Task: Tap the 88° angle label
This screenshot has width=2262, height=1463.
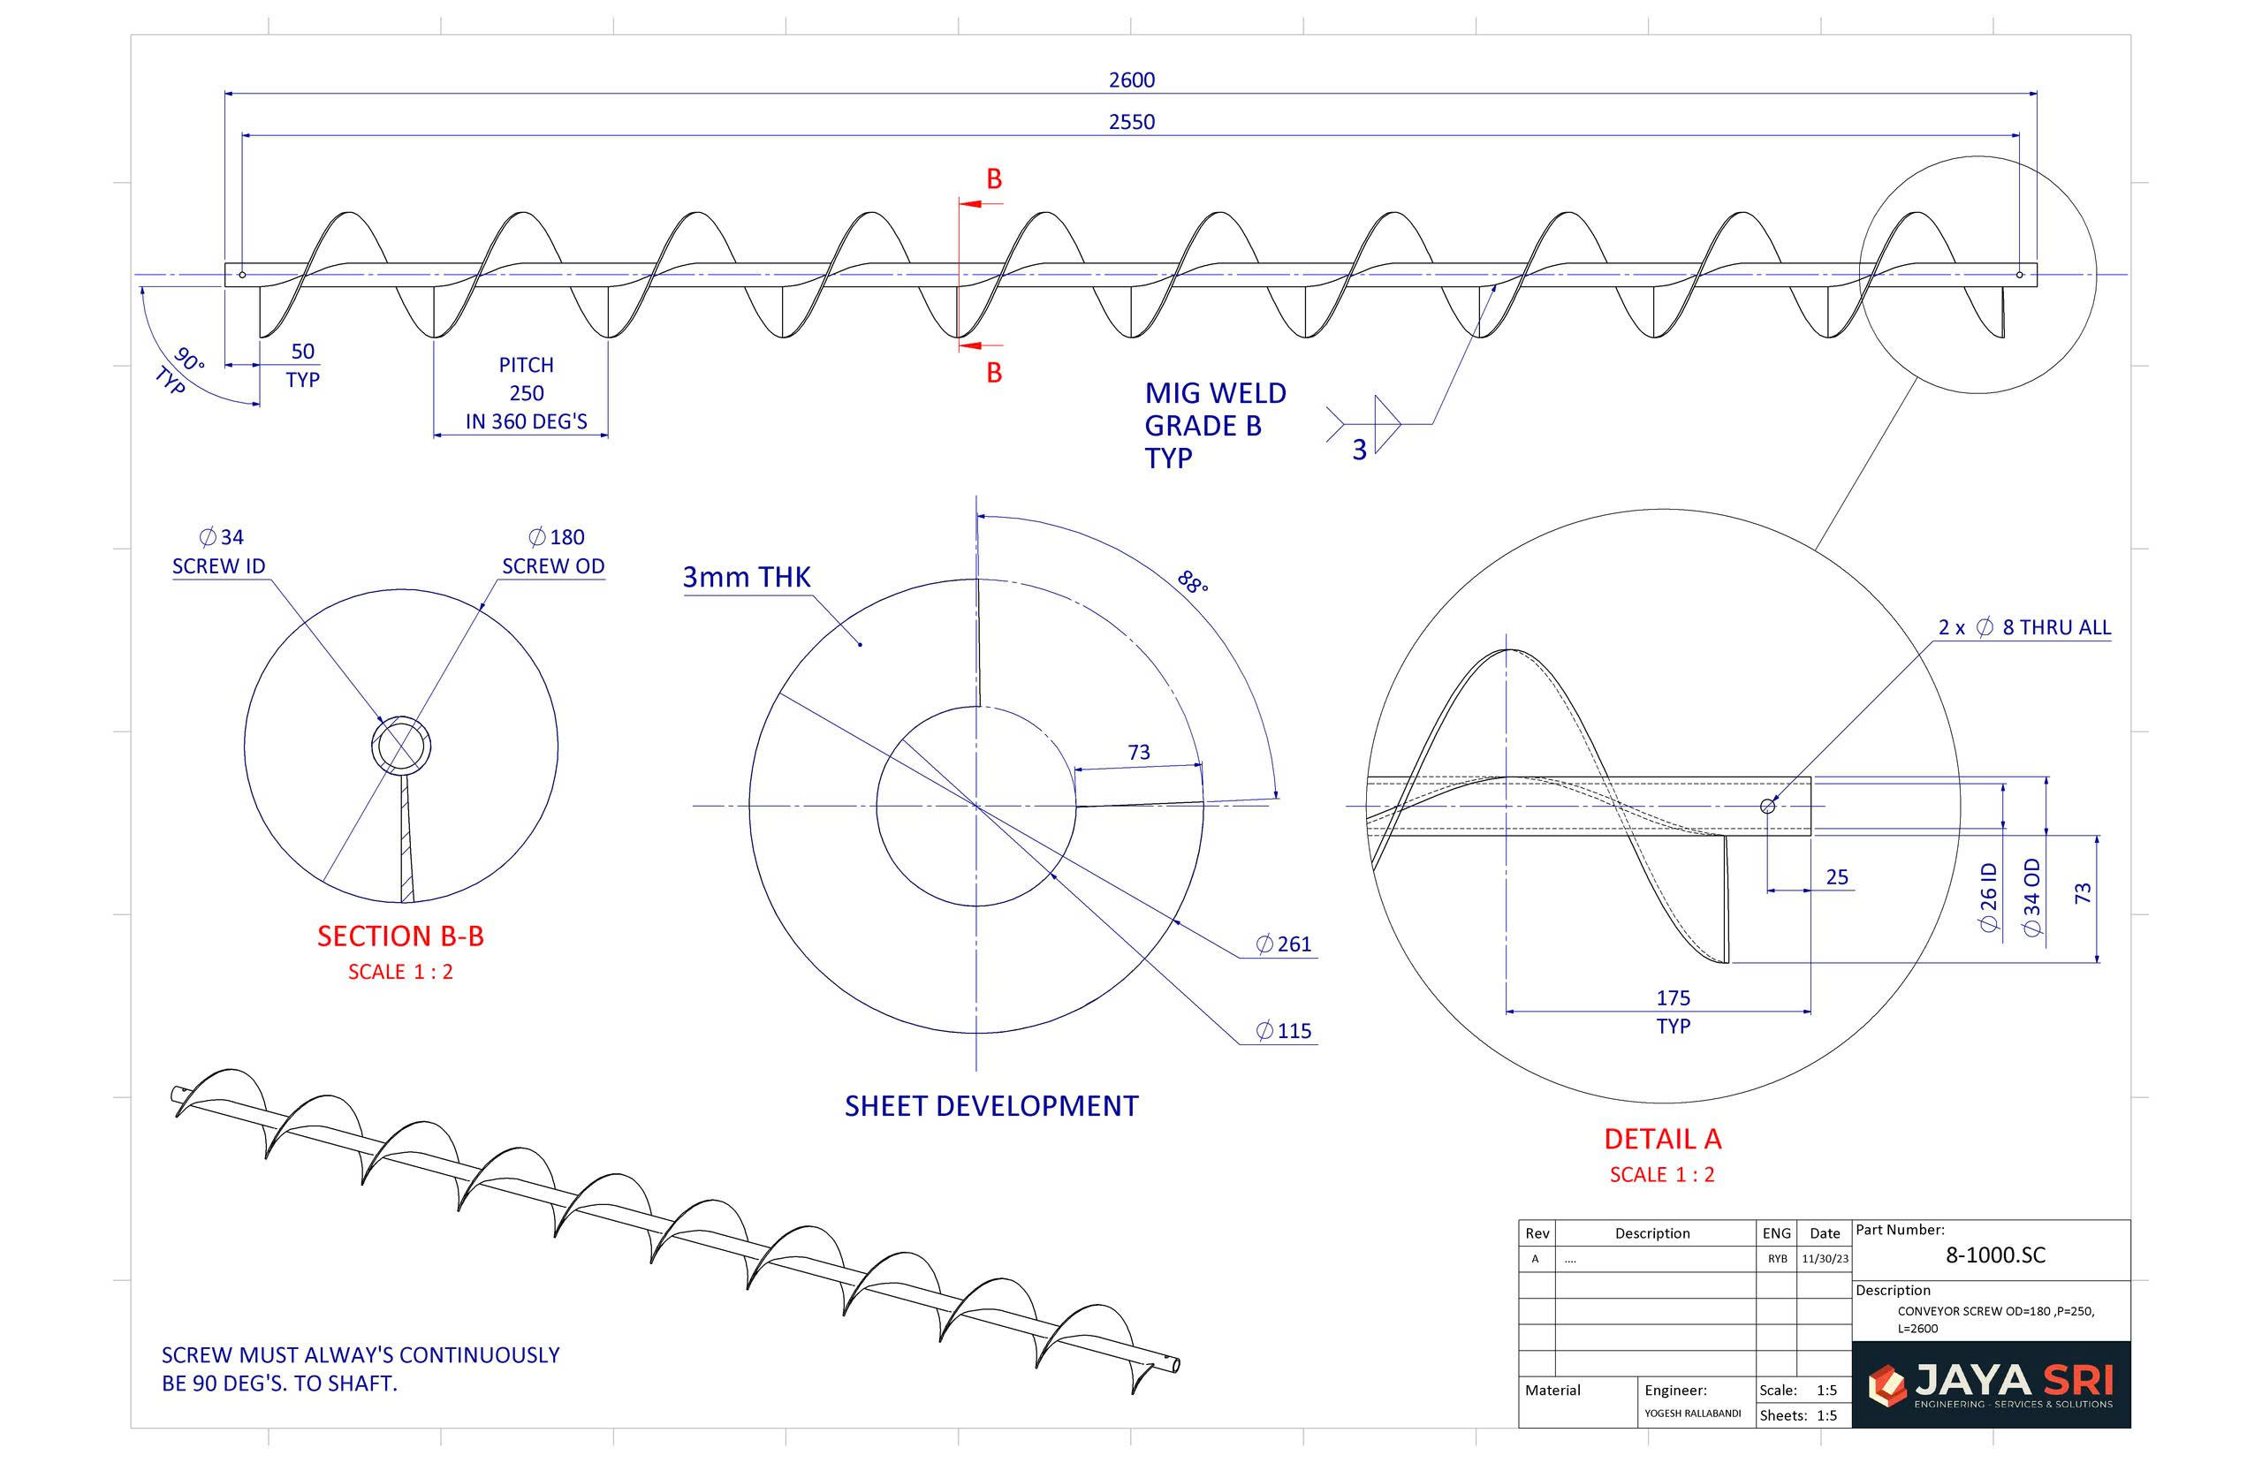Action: [x=1191, y=581]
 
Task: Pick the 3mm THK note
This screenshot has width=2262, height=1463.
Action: [x=746, y=577]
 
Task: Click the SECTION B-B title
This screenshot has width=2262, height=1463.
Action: [x=400, y=936]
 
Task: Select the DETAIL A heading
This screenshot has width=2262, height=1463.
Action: [x=1661, y=1138]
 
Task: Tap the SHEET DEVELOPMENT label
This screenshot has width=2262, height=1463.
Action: [x=991, y=1106]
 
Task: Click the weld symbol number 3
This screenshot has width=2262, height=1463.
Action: [x=1359, y=450]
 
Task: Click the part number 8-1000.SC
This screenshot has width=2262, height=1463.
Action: [x=1994, y=1255]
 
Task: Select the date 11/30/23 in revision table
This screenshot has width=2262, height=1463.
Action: [x=1824, y=1259]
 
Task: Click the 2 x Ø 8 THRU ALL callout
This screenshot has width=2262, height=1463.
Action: [x=2023, y=627]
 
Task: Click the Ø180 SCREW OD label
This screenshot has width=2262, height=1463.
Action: [x=554, y=551]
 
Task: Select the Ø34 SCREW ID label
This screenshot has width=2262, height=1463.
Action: [x=219, y=551]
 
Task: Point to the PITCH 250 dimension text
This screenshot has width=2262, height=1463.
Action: [x=526, y=392]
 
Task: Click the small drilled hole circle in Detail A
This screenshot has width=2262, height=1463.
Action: [x=1767, y=806]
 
